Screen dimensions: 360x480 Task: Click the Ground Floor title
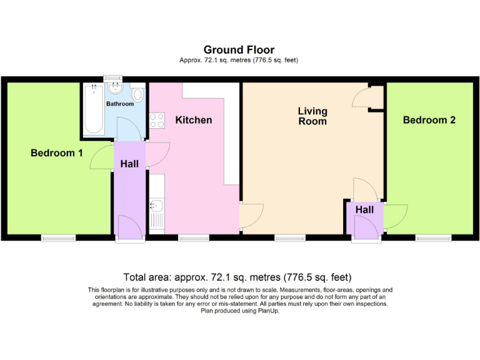pyautogui.click(x=239, y=50)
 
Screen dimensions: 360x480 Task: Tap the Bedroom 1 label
pyautogui.click(x=56, y=152)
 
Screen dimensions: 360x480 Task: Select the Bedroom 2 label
pyautogui.click(x=429, y=120)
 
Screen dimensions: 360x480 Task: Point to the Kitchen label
pyautogui.click(x=193, y=120)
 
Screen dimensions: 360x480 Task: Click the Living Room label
pyautogui.click(x=312, y=116)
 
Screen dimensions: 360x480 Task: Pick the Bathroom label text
pyautogui.click(x=119, y=104)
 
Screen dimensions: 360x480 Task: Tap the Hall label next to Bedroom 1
pyautogui.click(x=129, y=164)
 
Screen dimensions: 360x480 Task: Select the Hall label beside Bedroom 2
pyautogui.click(x=364, y=210)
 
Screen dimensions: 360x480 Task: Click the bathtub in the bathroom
pyautogui.click(x=94, y=110)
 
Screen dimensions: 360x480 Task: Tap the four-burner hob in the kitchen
pyautogui.click(x=156, y=120)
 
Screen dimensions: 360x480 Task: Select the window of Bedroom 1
pyautogui.click(x=59, y=237)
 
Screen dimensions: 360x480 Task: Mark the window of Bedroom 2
pyautogui.click(x=434, y=237)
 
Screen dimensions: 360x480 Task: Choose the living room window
pyautogui.click(x=290, y=237)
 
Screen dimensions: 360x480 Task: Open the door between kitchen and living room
pyautogui.click(x=250, y=216)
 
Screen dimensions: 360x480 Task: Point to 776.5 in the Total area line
pyautogui.click(x=297, y=277)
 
